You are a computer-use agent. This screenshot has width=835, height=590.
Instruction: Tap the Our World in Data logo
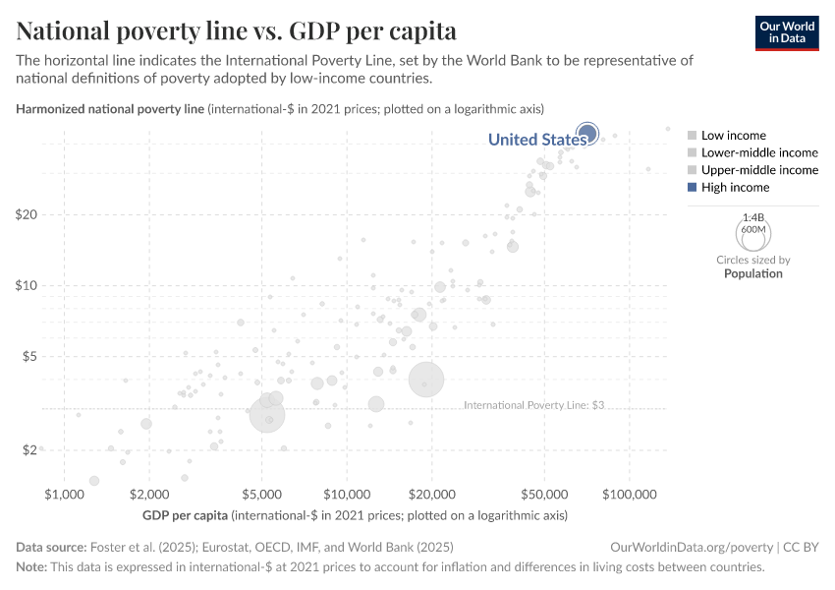(787, 33)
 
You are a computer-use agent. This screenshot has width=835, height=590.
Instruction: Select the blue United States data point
(587, 133)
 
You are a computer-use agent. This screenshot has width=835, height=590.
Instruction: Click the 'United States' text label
(536, 140)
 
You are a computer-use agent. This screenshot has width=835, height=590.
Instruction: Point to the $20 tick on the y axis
(26, 214)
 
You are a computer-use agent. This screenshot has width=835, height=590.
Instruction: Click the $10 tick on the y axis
(26, 285)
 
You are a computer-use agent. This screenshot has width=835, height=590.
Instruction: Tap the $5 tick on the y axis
(28, 356)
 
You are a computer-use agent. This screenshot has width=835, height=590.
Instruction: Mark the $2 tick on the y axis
(28, 449)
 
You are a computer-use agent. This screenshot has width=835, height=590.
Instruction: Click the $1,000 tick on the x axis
(63, 493)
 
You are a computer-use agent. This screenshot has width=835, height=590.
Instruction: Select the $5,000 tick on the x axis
(261, 493)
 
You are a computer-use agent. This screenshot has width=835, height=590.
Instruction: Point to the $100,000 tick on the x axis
(630, 493)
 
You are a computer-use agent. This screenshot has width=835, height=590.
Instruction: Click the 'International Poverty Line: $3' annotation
(532, 404)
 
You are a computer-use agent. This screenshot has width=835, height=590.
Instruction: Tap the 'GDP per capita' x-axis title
(185, 515)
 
